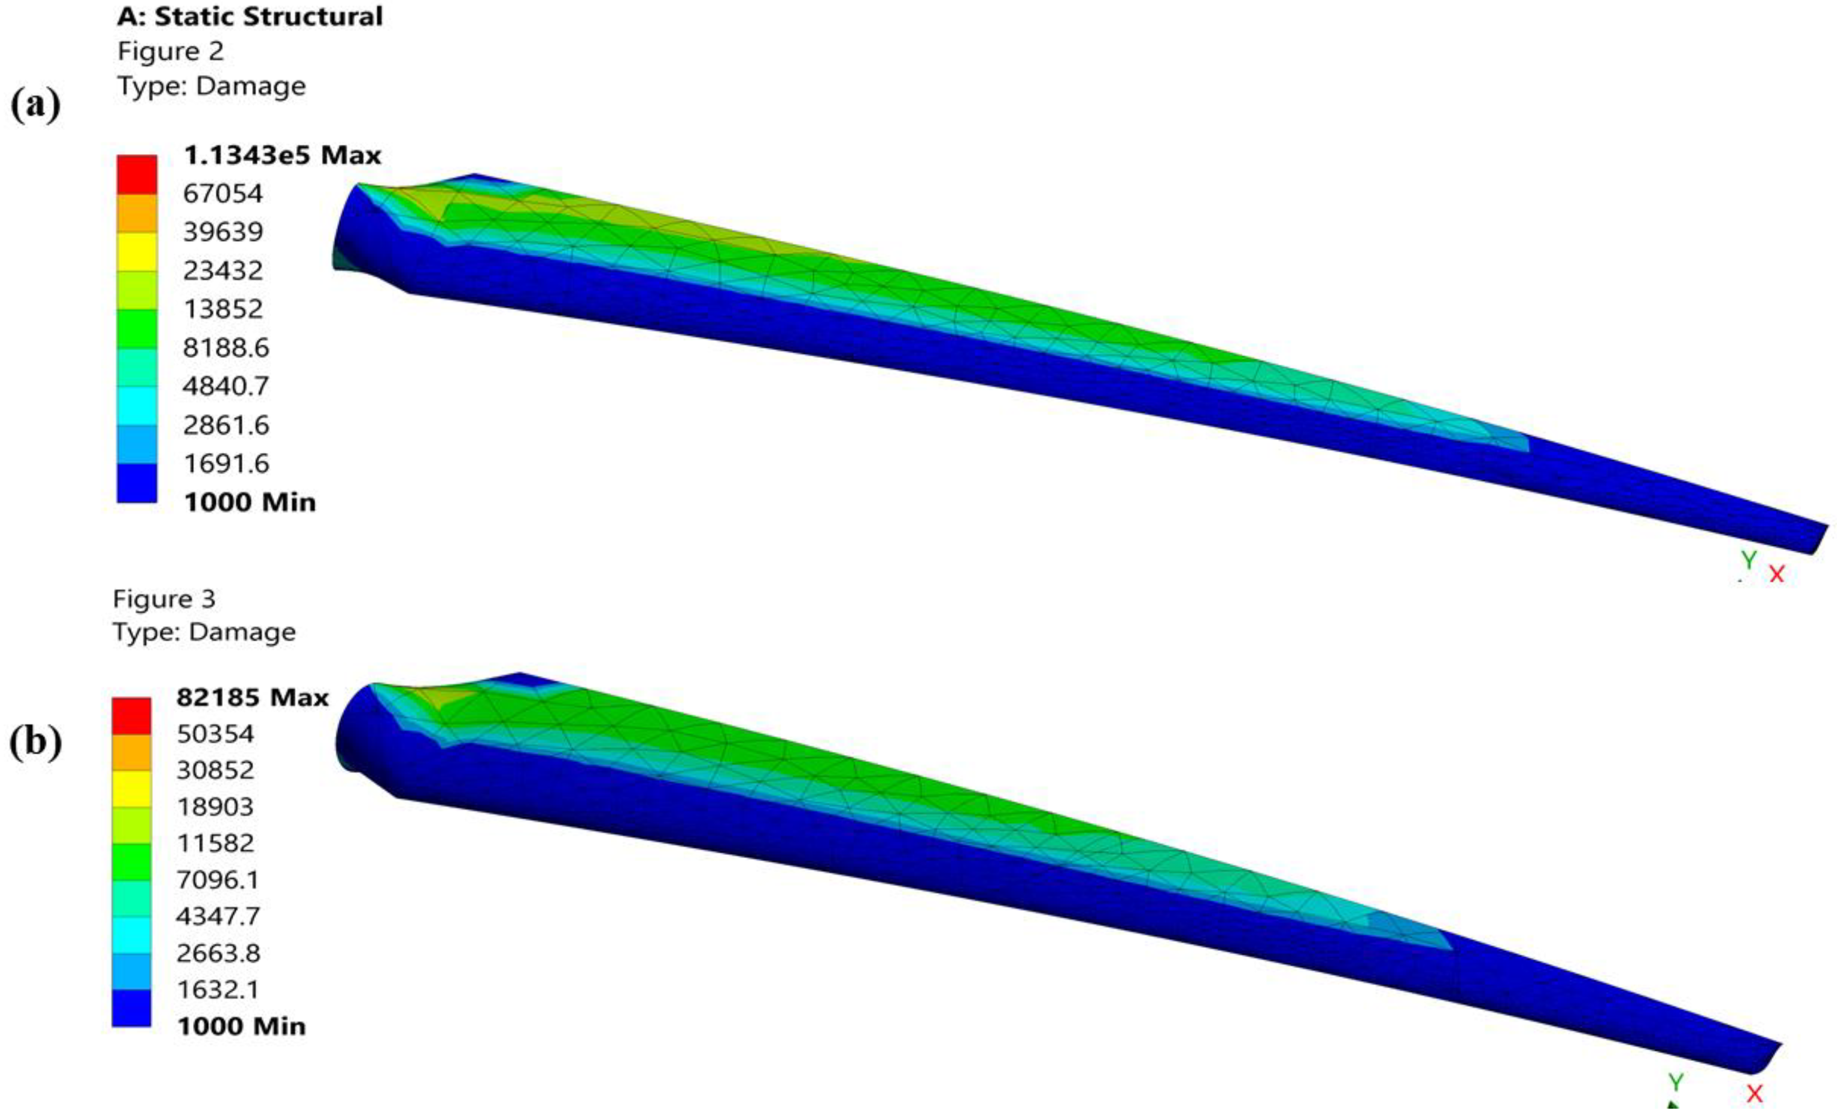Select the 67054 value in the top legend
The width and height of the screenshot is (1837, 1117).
click(223, 194)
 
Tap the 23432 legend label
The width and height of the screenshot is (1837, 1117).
click(223, 271)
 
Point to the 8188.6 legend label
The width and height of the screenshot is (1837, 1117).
click(226, 348)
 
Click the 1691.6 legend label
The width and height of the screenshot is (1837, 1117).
click(226, 464)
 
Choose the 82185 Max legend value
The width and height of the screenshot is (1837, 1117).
click(253, 697)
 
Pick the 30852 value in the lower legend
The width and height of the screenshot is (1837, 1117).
click(215, 769)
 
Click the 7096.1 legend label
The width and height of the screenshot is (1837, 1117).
click(218, 880)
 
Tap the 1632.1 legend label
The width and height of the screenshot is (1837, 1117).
click(218, 989)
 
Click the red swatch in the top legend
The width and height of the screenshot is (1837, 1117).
click(137, 174)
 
